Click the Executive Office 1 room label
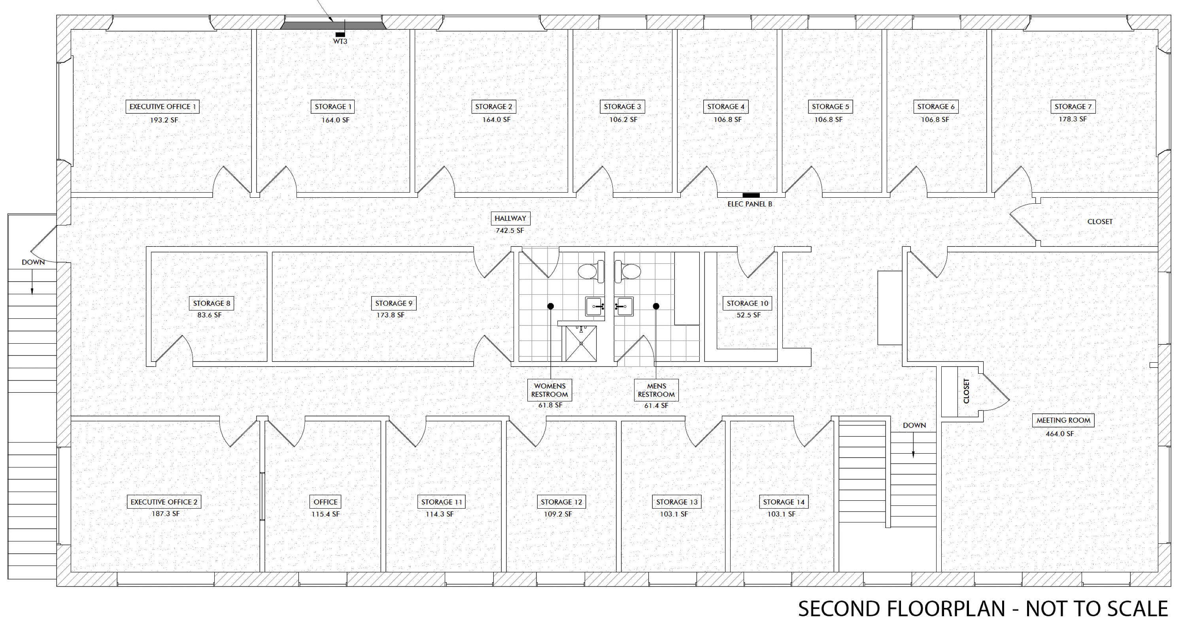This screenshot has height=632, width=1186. (x=162, y=106)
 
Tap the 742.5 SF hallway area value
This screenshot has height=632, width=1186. (x=510, y=230)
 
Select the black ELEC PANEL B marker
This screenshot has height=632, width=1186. (x=751, y=195)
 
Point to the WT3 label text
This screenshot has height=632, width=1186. (x=340, y=42)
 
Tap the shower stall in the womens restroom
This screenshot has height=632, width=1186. (x=581, y=344)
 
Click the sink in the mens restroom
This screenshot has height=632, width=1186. (x=624, y=307)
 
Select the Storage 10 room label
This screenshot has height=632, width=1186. (x=748, y=303)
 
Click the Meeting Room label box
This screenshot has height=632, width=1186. (x=1063, y=420)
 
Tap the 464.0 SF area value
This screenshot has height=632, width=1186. (x=1060, y=433)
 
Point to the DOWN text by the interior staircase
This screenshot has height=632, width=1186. (x=914, y=425)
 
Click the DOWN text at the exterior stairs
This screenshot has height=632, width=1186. (x=33, y=262)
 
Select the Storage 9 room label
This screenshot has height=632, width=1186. (x=394, y=303)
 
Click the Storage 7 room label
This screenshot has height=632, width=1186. (x=1073, y=106)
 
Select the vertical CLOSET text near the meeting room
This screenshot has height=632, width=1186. (x=966, y=391)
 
